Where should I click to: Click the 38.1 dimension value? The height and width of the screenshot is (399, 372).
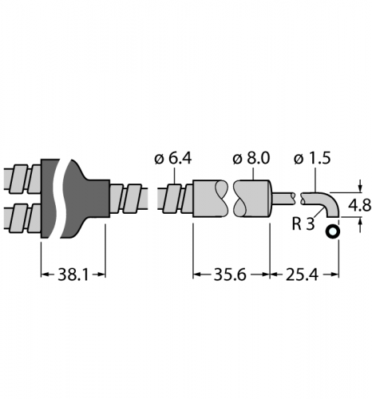tap(73, 275)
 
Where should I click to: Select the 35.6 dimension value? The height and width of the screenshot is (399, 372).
tap(230, 275)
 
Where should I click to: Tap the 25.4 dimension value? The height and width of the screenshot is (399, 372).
tap(302, 275)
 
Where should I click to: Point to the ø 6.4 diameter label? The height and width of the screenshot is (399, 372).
tap(173, 159)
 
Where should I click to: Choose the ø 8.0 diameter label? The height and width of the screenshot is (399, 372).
tap(251, 159)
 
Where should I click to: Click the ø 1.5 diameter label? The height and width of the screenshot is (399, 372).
tap(312, 159)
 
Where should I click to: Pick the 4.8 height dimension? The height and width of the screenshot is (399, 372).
tap(360, 205)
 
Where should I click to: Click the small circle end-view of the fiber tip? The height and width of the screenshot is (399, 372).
tap(333, 232)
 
